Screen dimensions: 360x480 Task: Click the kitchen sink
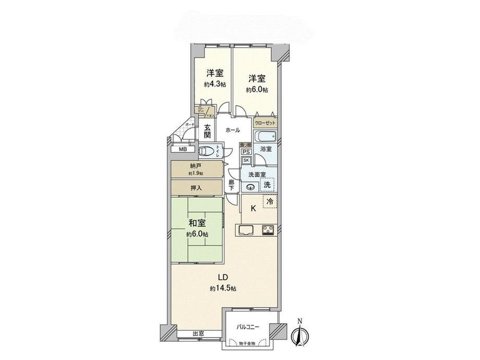coord(245,230)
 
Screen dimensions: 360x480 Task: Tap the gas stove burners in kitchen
coord(269,230)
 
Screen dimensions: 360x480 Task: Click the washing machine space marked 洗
coord(267,184)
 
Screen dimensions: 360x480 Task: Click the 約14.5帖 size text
coord(223,289)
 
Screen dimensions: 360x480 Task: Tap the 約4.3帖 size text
coord(215,84)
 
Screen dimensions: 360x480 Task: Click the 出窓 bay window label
coord(198,334)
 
